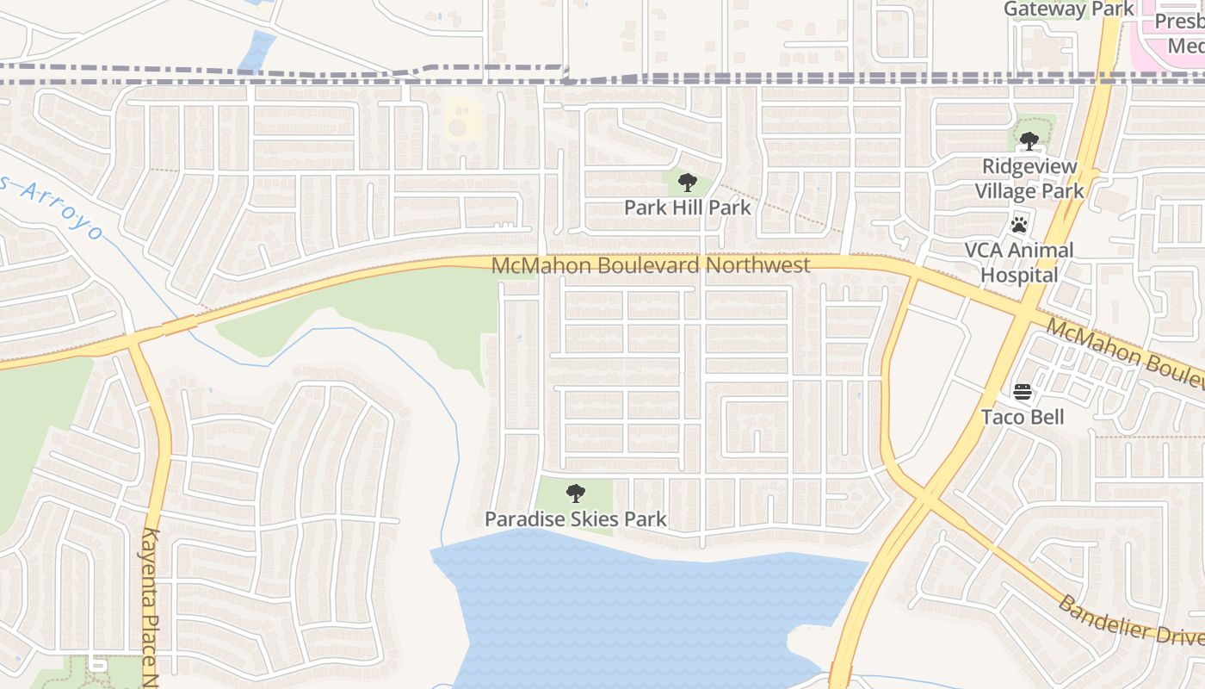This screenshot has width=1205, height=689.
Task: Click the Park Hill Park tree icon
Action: pos(687,183)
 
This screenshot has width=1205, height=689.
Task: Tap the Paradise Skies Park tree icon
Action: pos(576,493)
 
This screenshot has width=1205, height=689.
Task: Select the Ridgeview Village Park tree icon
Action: pos(1029,141)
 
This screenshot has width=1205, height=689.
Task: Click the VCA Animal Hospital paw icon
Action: pos(1020,225)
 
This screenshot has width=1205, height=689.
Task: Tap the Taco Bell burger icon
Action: pos(1023,393)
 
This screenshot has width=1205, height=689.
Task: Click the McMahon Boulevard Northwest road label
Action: pos(650,265)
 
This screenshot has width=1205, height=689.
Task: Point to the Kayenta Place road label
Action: pos(151,603)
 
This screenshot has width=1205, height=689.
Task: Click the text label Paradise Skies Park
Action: pos(575,519)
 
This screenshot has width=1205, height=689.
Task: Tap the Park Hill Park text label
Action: pos(687,208)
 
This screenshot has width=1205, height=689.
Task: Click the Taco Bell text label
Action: pos(1023,418)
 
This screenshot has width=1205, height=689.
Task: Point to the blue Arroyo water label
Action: pos(60,207)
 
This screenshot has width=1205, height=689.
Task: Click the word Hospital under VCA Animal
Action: pos(1020,276)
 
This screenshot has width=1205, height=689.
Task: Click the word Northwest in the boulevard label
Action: pos(757,265)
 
